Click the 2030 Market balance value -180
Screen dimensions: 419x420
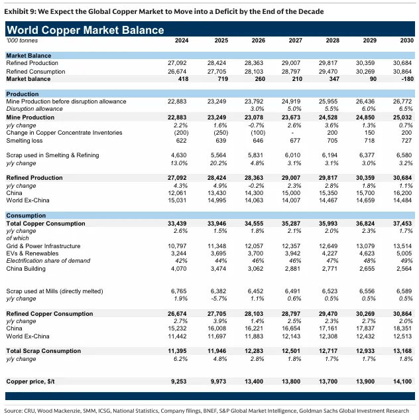click(x=408, y=79)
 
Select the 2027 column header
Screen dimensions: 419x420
click(x=296, y=40)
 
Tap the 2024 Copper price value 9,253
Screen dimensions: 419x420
click(x=179, y=382)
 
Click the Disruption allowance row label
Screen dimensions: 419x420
click(x=34, y=109)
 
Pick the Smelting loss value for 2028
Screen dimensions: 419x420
click(x=332, y=141)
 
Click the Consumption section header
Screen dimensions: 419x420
click(x=26, y=216)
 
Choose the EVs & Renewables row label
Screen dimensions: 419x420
click(x=32, y=253)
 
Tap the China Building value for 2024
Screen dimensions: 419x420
click(x=179, y=269)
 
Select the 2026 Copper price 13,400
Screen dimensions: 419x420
click(x=254, y=382)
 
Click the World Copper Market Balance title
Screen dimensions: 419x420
click(x=86, y=30)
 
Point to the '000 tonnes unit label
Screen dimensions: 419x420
click(x=22, y=40)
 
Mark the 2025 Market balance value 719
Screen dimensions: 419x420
click(x=223, y=79)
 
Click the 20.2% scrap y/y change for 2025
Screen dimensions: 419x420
click(x=218, y=163)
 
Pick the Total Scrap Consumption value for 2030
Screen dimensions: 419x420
click(x=402, y=351)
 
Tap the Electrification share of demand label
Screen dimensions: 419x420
click(x=48, y=261)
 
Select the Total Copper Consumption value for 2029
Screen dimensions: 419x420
click(x=365, y=224)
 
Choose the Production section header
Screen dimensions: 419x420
click(x=23, y=94)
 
